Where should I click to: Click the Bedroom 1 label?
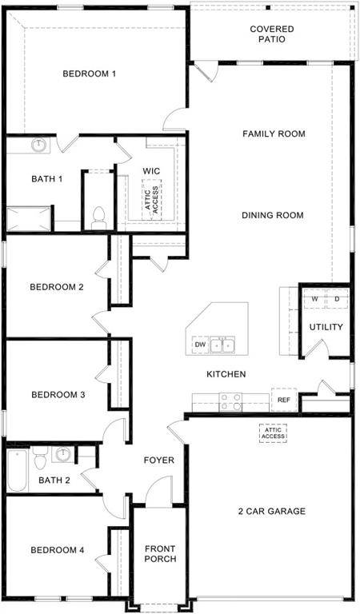pyautogui.click(x=90, y=74)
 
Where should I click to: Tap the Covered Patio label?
pyautogui.click(x=272, y=34)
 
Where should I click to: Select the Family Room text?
pyautogui.click(x=274, y=134)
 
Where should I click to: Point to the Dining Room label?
pyautogui.click(x=273, y=215)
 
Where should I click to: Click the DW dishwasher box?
pyautogui.click(x=200, y=345)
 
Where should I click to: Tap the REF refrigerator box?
pyautogui.click(x=283, y=400)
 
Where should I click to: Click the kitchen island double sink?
pyautogui.click(x=223, y=345)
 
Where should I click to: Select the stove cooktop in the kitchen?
pyautogui.click(x=232, y=401)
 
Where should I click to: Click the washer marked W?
pyautogui.click(x=314, y=299)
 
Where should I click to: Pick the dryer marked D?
pyautogui.click(x=337, y=299)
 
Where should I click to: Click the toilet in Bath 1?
pyautogui.click(x=99, y=216)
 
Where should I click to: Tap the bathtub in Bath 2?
pyautogui.click(x=18, y=471)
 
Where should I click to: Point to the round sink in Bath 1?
pyautogui.click(x=39, y=145)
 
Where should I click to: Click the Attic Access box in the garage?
pyautogui.click(x=272, y=433)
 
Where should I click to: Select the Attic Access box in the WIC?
pyautogui.click(x=151, y=197)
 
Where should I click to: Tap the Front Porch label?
pyautogui.click(x=160, y=554)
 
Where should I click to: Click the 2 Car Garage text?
pyautogui.click(x=272, y=512)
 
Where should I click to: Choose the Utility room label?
pyautogui.click(x=326, y=327)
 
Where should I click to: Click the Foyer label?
pyautogui.click(x=158, y=460)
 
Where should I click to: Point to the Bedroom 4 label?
pyautogui.click(x=57, y=550)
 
